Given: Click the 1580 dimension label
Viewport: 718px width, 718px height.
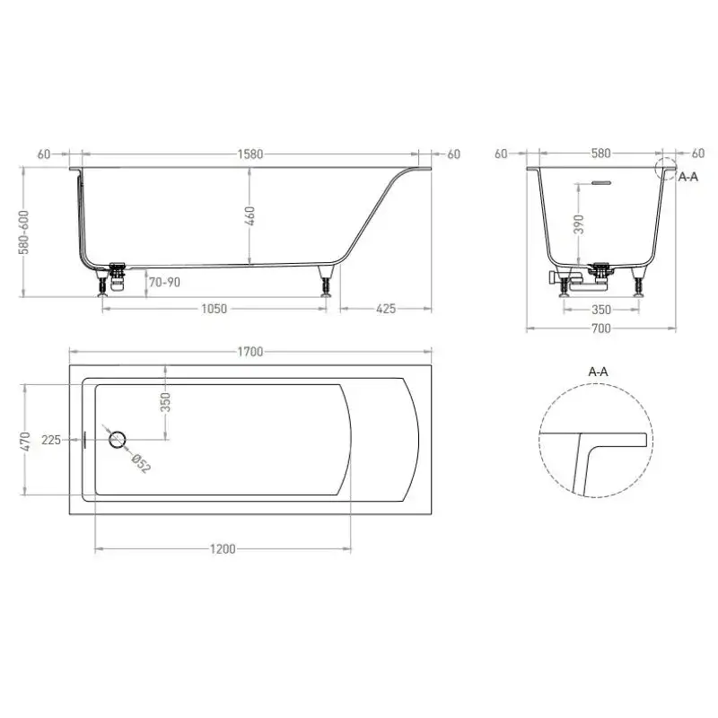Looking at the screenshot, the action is tap(250, 153).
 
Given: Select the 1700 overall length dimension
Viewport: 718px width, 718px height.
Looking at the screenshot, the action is tap(250, 352).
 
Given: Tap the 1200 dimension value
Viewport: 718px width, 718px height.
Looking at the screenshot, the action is tap(223, 548).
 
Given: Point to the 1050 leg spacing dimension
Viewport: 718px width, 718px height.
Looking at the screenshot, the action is tap(214, 309).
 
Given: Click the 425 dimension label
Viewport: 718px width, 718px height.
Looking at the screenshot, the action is tap(386, 309).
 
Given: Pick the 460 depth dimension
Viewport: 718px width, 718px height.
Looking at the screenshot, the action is tap(250, 215).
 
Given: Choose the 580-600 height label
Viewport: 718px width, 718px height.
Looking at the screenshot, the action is tap(24, 232).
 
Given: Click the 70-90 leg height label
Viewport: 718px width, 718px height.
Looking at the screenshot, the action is tap(164, 282).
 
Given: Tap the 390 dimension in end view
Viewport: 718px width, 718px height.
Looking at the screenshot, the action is tap(579, 223).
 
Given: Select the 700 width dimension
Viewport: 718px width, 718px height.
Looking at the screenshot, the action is tap(600, 328).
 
